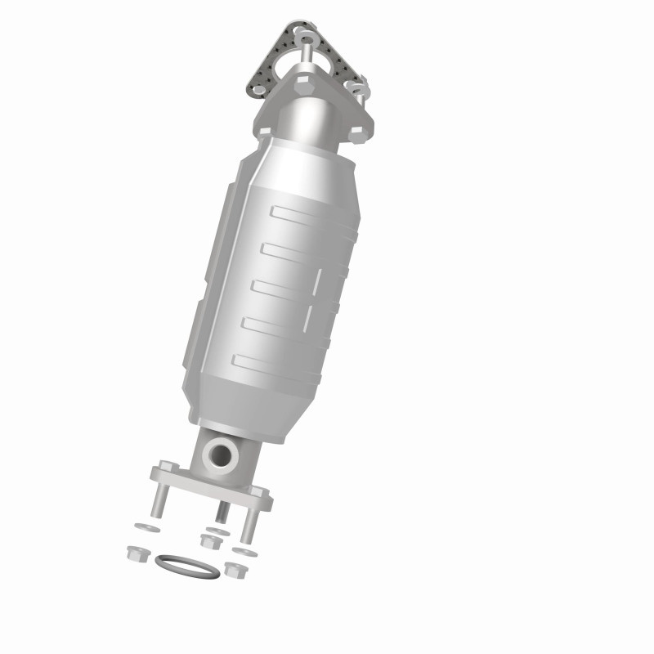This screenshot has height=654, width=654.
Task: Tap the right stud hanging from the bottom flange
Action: tap(249, 523)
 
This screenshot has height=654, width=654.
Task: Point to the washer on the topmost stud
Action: tap(307, 36)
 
